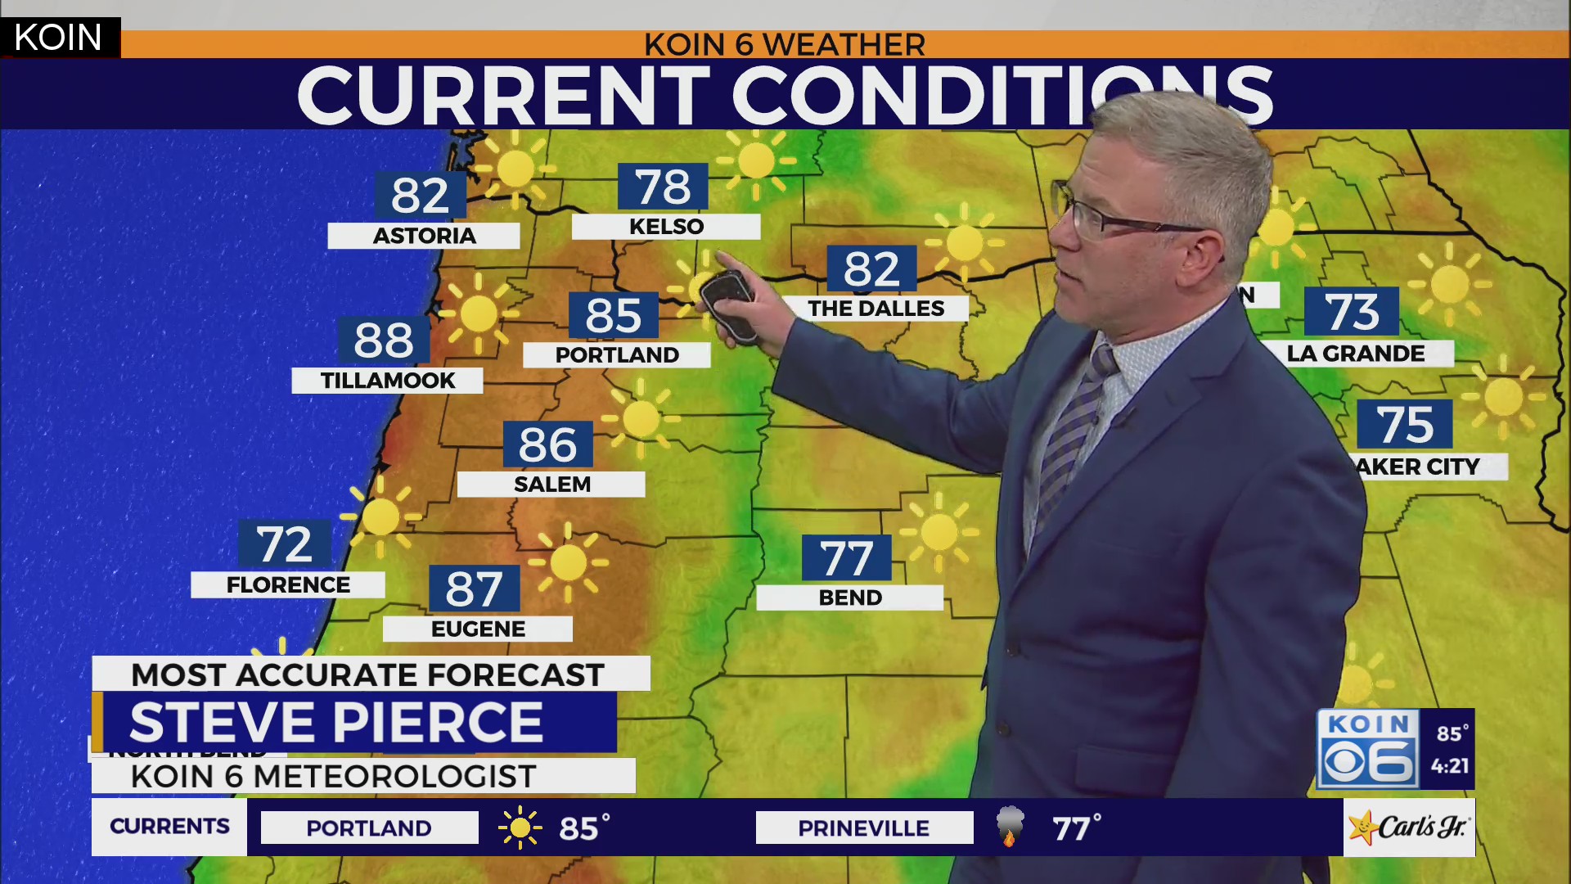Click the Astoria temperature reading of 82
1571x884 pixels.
click(x=421, y=196)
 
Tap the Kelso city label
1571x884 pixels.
click(x=666, y=227)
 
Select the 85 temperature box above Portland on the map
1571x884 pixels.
click(x=614, y=316)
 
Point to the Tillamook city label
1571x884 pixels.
click(x=388, y=381)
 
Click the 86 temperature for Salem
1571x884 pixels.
click(x=547, y=445)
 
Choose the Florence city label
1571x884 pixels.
click(x=288, y=585)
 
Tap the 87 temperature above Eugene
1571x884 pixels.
click(x=474, y=589)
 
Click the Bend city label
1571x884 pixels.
click(x=850, y=598)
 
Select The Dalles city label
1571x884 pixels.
click(x=876, y=309)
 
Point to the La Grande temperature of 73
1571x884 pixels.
click(x=1352, y=313)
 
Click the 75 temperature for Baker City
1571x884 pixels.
click(x=1405, y=425)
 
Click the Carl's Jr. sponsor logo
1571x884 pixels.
click(x=1409, y=828)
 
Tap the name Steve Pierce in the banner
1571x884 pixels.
click(x=336, y=722)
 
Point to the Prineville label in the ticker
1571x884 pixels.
click(x=864, y=828)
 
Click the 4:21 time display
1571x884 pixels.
click(x=1450, y=767)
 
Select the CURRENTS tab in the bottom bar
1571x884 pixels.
click(x=169, y=827)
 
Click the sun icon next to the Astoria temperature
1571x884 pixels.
click(x=515, y=169)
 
